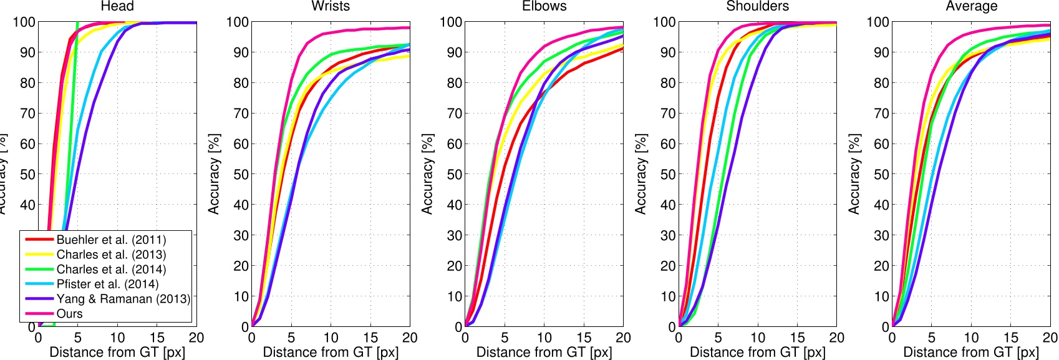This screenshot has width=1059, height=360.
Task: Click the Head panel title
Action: point(117,6)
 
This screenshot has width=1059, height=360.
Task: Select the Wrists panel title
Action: point(331,6)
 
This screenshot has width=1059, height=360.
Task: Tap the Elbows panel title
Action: point(544,6)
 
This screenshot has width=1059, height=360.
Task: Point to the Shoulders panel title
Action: point(757,6)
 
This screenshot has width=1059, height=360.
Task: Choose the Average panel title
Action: point(971,6)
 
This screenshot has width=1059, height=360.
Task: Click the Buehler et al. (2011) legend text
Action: point(111,240)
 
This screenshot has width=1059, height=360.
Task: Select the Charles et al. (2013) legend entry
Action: point(111,255)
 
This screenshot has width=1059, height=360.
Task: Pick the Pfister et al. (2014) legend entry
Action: point(107,284)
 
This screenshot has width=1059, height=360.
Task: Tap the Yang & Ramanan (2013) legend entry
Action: point(123,299)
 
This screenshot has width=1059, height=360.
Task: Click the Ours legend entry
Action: point(69,314)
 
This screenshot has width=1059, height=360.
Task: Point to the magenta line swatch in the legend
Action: point(39,314)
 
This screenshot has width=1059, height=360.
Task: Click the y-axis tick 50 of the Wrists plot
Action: point(241,174)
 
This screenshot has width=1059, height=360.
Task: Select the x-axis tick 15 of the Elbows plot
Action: point(583,338)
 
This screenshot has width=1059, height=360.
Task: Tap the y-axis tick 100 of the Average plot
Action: point(878,22)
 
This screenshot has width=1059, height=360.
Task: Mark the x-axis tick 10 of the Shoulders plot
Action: point(757,338)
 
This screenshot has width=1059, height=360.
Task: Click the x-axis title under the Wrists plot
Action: point(331,352)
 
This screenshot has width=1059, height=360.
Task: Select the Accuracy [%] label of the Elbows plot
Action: point(427,174)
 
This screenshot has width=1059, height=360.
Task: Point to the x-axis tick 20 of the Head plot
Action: point(196,338)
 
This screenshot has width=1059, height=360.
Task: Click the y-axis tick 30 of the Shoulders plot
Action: point(668,235)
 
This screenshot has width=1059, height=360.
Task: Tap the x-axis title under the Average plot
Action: point(971,352)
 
